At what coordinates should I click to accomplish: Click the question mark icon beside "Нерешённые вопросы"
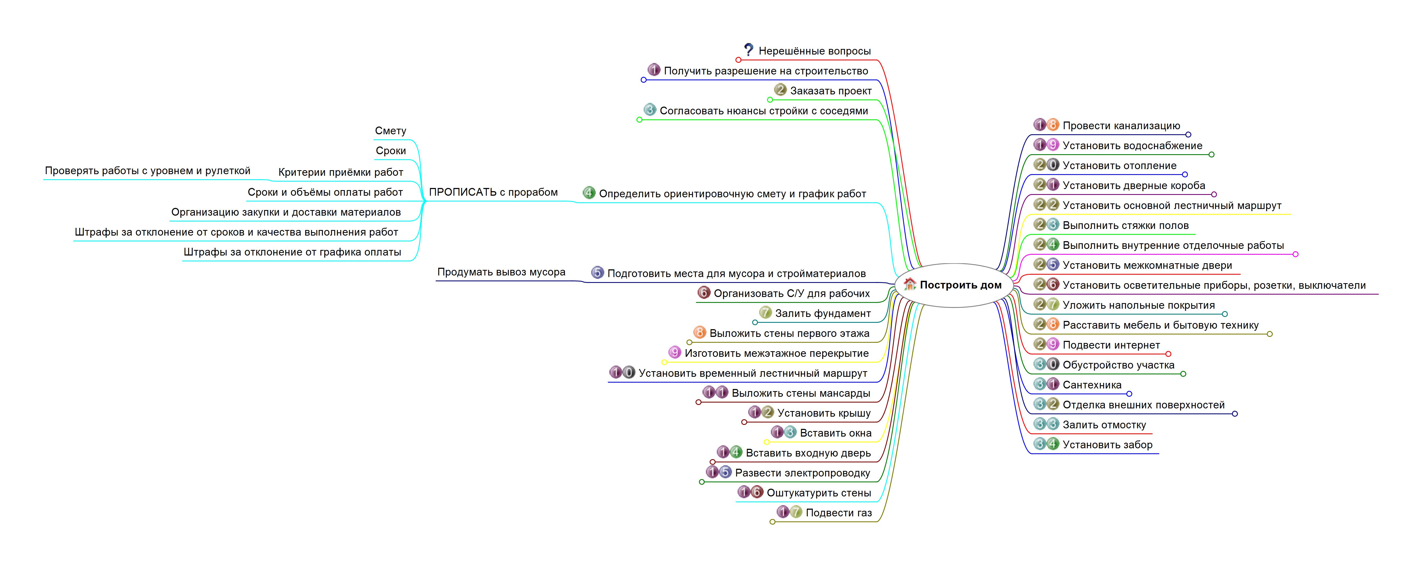click(749, 50)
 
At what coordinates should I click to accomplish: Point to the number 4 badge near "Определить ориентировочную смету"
click(589, 192)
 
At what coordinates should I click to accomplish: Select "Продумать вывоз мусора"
click(501, 272)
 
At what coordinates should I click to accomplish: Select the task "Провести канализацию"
click(1121, 126)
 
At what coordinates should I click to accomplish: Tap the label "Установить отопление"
click(1119, 166)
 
